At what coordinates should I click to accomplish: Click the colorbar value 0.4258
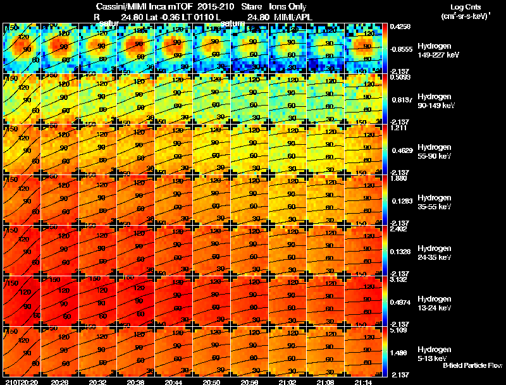[402, 27]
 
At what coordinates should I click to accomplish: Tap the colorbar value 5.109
[402, 330]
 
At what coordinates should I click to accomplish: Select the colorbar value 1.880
[402, 178]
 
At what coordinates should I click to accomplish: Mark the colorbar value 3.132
[402, 279]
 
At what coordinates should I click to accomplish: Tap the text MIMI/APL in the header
[293, 17]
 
